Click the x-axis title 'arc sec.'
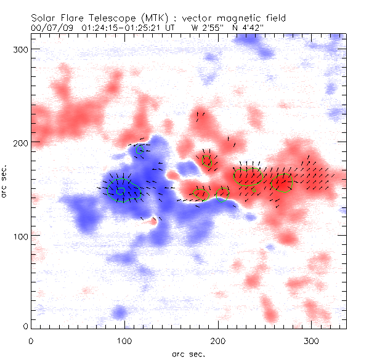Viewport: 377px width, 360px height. [x=188, y=354]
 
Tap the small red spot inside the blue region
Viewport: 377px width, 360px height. [x=155, y=221]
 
